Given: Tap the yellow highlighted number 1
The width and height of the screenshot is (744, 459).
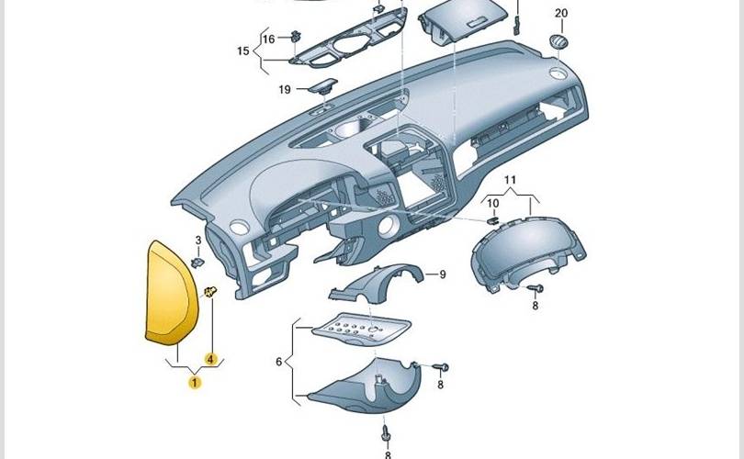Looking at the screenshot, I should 195,381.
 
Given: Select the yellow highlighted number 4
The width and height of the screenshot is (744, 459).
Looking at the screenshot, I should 210,359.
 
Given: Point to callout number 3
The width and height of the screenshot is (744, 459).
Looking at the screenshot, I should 197,241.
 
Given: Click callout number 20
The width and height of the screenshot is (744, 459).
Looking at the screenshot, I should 561,13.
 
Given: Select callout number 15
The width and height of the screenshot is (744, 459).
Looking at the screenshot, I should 242,51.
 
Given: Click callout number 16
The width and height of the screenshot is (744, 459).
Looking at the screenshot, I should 268,39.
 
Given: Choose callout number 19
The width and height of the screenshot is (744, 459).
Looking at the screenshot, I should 285,89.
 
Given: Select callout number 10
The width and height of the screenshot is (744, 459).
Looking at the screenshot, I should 492,202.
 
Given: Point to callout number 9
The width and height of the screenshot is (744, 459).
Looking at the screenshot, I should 441,274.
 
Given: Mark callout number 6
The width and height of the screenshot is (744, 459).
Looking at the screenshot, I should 279,362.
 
